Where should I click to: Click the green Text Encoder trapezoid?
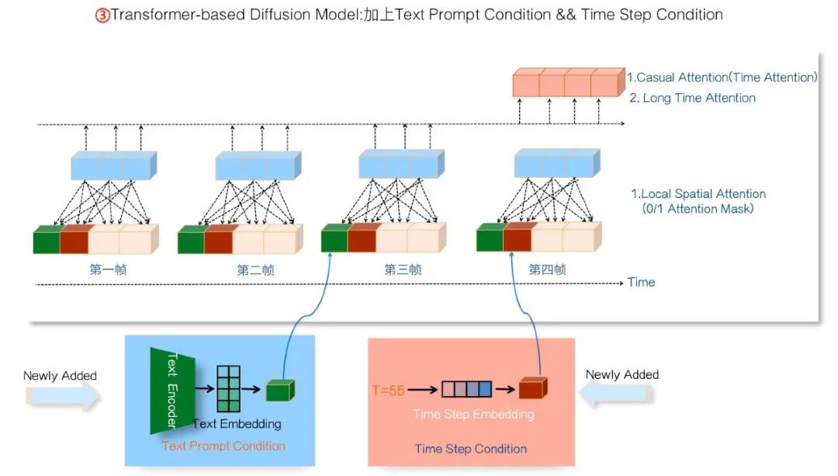coord(172,391)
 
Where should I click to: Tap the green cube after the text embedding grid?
coord(280,391)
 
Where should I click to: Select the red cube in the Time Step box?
coord(533,387)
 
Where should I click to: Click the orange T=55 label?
coord(388,391)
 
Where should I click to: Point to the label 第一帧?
coord(108,269)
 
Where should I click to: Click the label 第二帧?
coord(255,269)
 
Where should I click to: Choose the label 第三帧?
coord(403,269)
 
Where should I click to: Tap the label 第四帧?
coord(547,269)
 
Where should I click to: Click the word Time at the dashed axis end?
coord(642,282)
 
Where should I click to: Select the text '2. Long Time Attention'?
coord(693,98)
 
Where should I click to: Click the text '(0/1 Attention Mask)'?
coord(698,209)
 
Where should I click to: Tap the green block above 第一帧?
coord(47,239)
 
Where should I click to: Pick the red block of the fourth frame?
coord(518,237)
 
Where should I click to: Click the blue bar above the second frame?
coord(258,165)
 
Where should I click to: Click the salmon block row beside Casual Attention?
coord(569,82)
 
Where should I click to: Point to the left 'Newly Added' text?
coord(60,376)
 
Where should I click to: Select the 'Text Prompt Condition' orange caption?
coord(223,446)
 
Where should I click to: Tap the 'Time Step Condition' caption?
coord(471,449)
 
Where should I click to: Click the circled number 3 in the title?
coord(102,15)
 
